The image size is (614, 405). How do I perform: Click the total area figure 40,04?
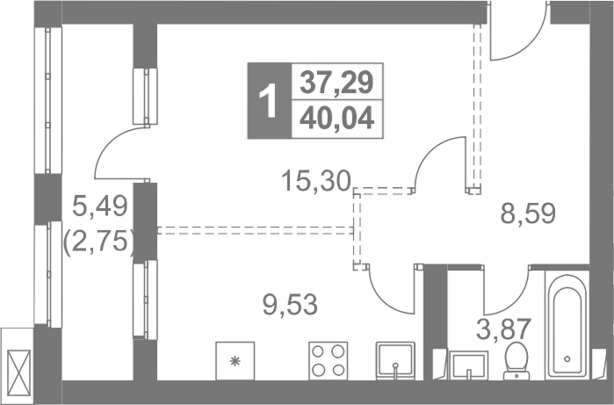336,119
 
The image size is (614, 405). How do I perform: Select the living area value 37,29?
336,83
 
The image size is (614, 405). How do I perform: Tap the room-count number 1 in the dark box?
270,101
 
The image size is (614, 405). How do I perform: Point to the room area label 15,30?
315,181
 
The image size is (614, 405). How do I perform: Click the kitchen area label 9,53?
290,305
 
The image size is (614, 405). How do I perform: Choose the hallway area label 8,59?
528,213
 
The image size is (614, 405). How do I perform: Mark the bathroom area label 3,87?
503,329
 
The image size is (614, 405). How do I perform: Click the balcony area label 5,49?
100,206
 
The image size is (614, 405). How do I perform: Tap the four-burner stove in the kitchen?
329,361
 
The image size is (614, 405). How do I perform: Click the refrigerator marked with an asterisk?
235,361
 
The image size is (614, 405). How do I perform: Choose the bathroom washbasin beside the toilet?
468,365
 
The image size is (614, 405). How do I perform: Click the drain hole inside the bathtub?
567,358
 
